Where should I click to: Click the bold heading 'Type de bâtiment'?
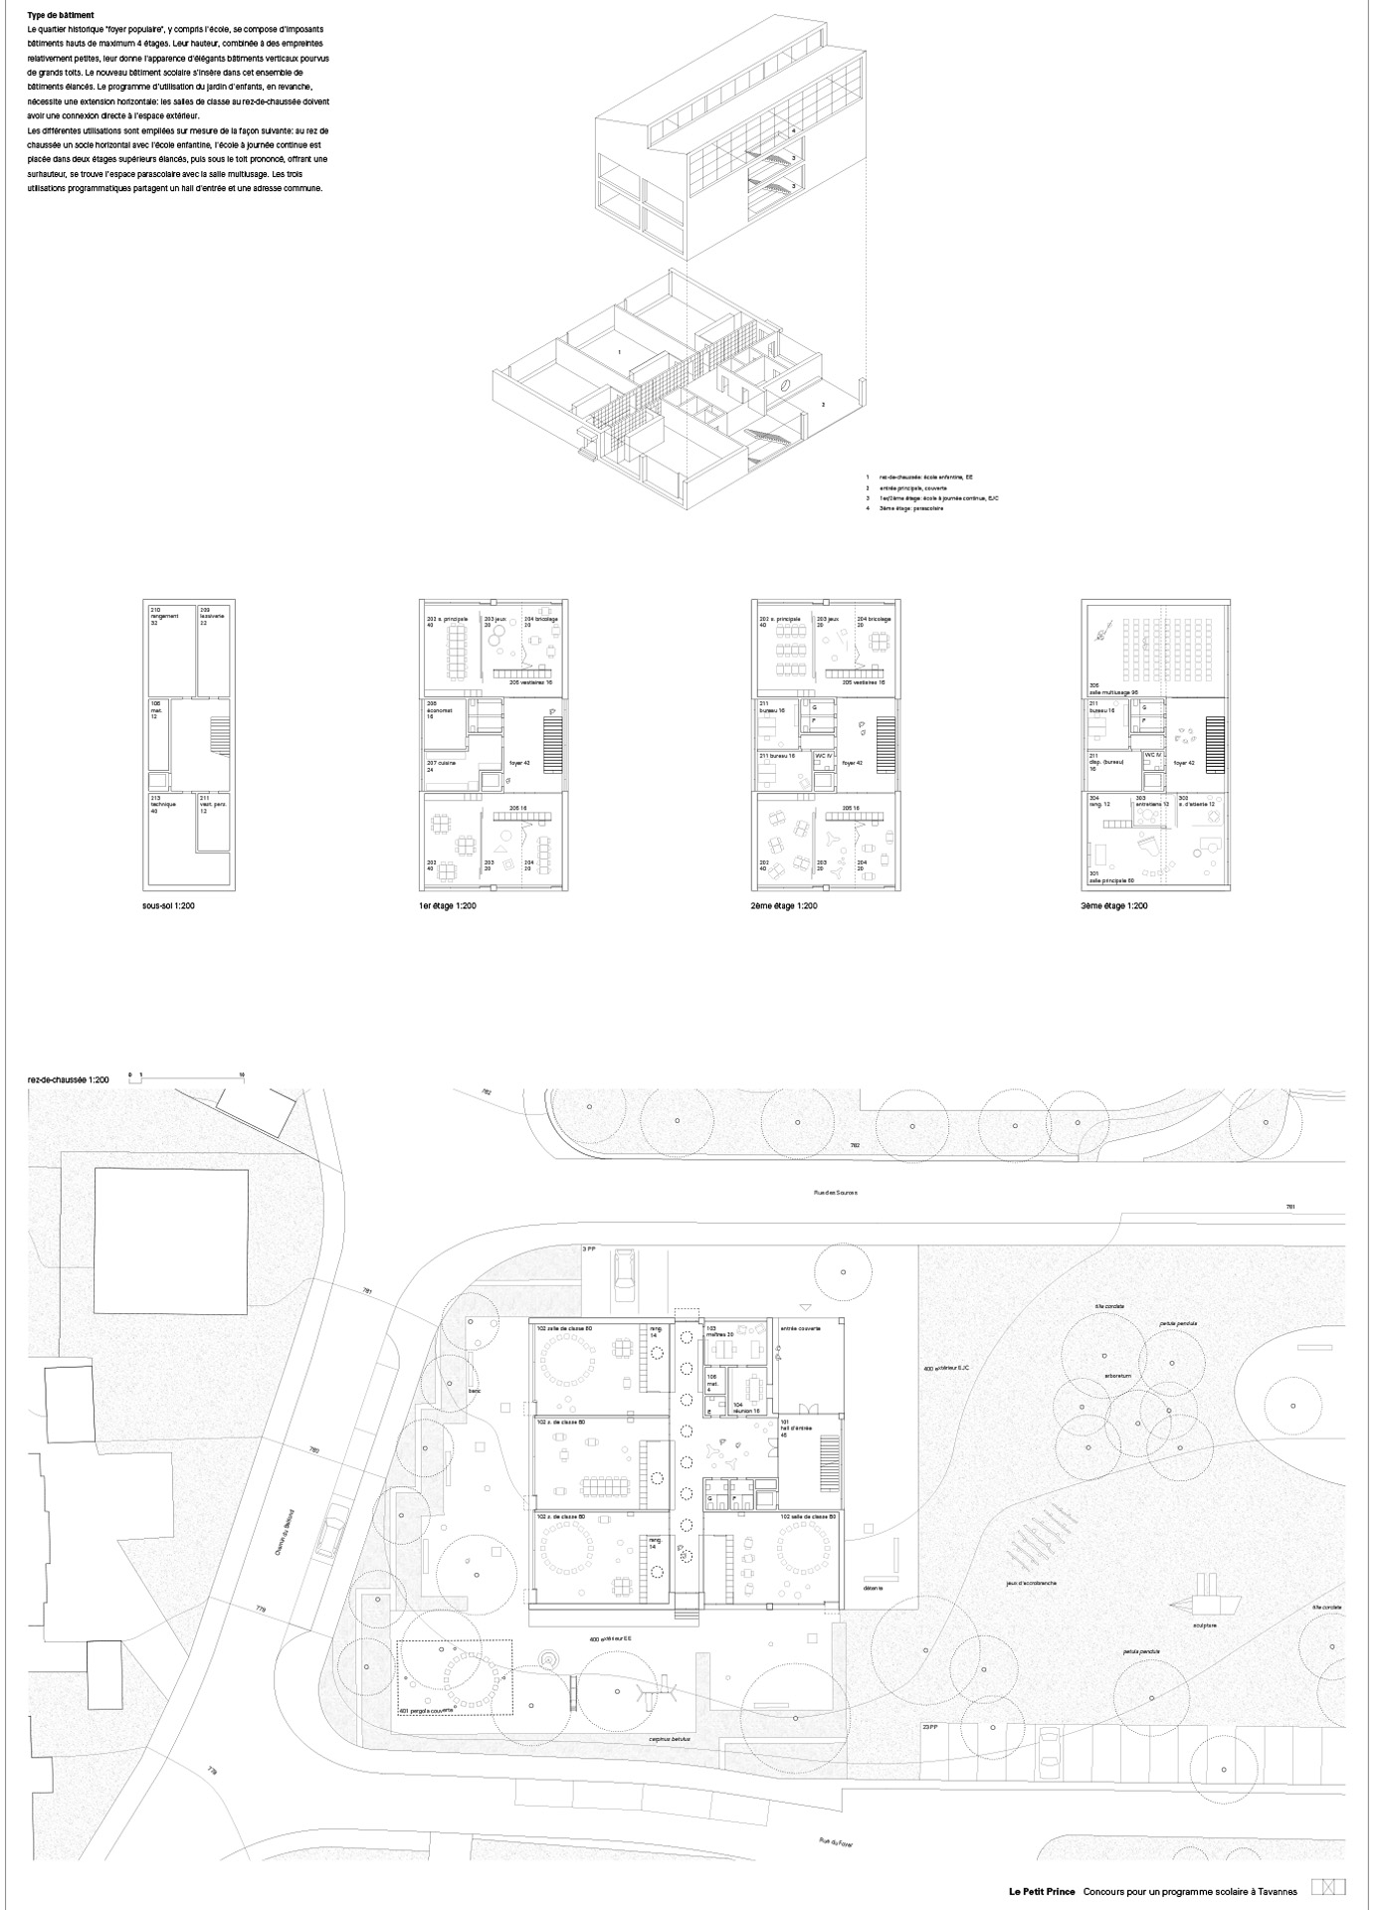point(62,16)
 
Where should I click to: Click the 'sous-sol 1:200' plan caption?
point(174,906)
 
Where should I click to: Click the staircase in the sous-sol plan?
point(219,739)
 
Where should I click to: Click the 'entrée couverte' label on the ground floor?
point(801,1328)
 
